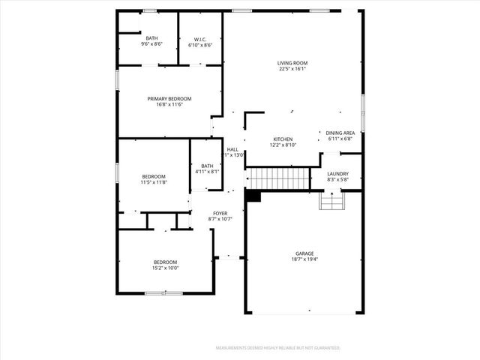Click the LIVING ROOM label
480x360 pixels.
(292, 63)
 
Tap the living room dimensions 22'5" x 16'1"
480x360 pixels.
(292, 69)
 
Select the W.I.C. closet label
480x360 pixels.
(200, 39)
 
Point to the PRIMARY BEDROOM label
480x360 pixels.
(169, 99)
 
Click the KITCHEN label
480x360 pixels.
(283, 139)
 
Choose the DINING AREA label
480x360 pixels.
(340, 133)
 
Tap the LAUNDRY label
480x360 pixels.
(338, 174)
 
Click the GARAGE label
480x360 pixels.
(304, 253)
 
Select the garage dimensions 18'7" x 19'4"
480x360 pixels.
(304, 259)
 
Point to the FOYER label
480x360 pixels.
(220, 214)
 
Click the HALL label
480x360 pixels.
(232, 149)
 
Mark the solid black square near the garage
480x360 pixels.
(253, 196)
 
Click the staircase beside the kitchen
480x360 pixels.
(279, 178)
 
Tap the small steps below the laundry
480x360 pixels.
(331, 201)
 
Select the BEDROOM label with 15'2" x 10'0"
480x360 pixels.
(166, 262)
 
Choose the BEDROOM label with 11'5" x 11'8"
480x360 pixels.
(154, 176)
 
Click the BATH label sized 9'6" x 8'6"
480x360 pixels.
(152, 38)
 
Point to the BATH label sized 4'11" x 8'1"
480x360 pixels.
(207, 166)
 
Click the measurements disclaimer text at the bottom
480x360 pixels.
(278, 348)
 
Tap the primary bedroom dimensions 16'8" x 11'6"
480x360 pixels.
(169, 105)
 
